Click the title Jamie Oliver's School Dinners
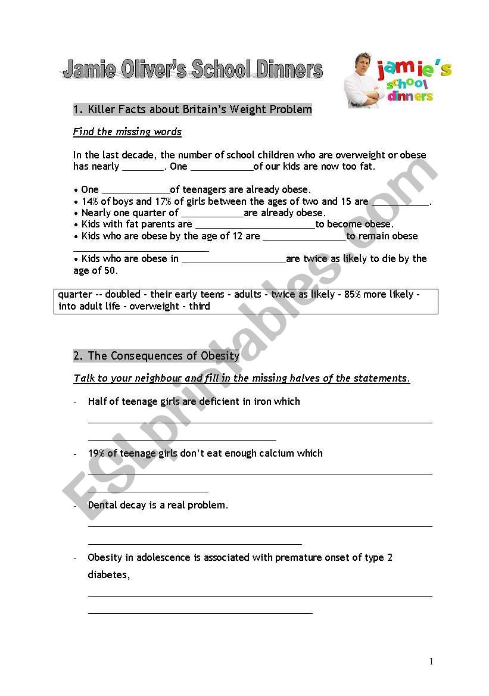tap(192, 70)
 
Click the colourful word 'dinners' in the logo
tap(410, 96)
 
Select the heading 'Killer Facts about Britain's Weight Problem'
tap(192, 110)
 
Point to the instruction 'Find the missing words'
tap(127, 132)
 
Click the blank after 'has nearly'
tap(142, 167)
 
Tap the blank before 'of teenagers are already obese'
tap(136, 190)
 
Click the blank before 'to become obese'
tap(255, 224)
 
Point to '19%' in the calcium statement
tap(96, 453)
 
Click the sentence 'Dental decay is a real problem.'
tap(158, 505)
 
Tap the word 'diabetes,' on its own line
tap(108, 575)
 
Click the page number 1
tap(431, 661)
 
